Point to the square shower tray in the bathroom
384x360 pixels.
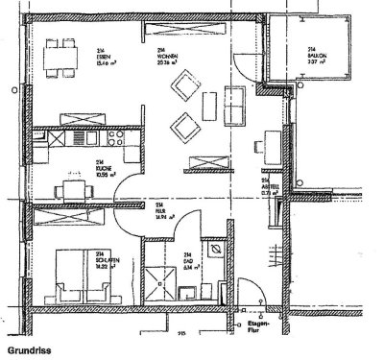153,278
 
